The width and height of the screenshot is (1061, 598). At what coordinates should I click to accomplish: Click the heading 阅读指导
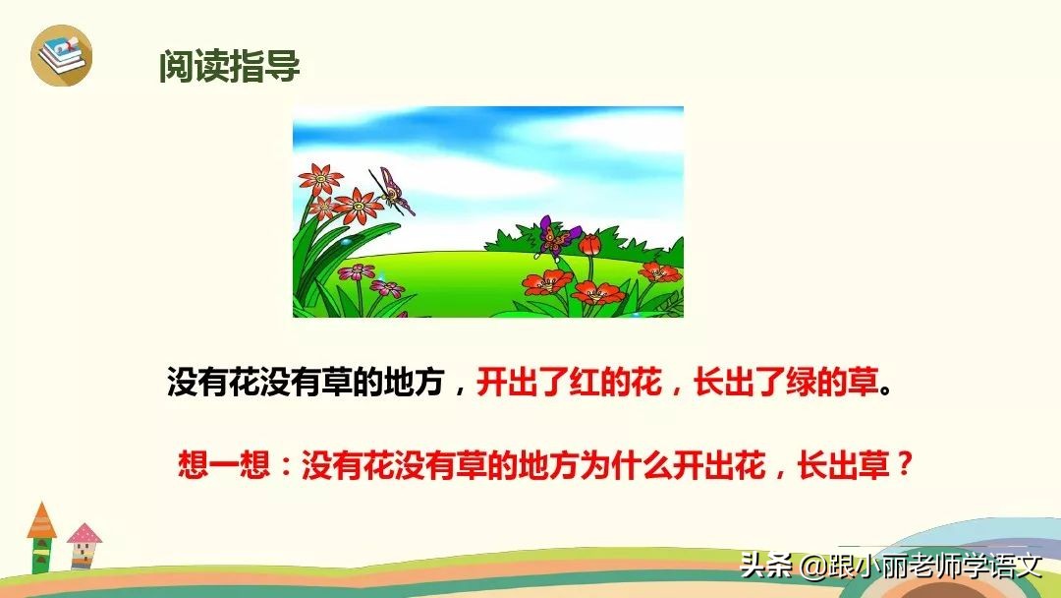pyautogui.click(x=229, y=67)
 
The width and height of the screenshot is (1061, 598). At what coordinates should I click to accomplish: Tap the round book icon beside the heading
pyautogui.click(x=61, y=56)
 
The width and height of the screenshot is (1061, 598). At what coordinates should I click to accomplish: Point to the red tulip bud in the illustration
pyautogui.click(x=590, y=243)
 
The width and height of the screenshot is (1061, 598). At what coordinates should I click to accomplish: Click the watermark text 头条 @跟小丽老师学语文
pyautogui.click(x=890, y=567)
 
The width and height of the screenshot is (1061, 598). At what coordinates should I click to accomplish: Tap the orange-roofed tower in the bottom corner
pyautogui.click(x=41, y=536)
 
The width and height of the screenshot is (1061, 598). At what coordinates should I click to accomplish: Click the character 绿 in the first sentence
pyautogui.click(x=799, y=384)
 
